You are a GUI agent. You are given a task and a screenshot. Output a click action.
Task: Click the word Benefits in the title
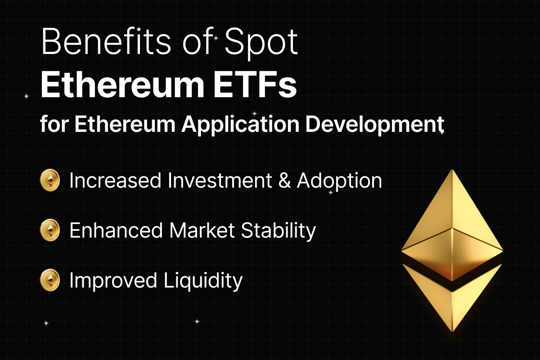(106, 41)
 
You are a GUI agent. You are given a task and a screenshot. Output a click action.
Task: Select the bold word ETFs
(255, 85)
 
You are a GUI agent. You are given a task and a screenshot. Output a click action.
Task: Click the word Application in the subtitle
(240, 125)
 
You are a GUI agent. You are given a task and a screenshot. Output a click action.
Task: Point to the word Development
(375, 124)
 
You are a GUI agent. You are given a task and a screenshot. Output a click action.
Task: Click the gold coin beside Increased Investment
(50, 180)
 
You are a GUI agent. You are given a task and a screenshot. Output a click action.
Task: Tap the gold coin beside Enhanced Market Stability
(50, 230)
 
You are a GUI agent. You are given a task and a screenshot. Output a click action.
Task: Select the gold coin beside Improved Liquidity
(50, 280)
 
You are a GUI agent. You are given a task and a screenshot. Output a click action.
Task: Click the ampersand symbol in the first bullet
(284, 180)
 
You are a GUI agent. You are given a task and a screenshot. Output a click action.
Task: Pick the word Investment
(220, 180)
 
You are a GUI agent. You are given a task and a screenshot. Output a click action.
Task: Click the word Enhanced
(116, 230)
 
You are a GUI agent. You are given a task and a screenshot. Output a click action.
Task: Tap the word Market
(202, 230)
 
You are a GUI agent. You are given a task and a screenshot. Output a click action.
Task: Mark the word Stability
(279, 231)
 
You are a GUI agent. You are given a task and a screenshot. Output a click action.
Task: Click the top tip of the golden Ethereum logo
(452, 170)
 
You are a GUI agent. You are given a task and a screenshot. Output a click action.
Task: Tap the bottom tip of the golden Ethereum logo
(452, 332)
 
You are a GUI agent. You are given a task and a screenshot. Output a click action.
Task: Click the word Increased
(115, 180)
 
